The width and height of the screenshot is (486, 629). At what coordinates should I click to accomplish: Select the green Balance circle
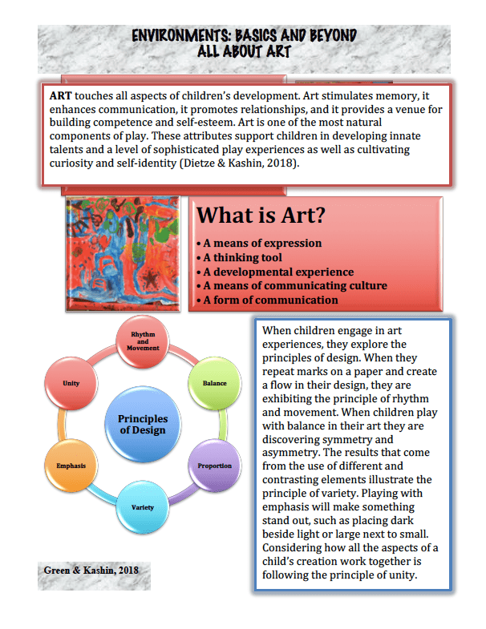214,383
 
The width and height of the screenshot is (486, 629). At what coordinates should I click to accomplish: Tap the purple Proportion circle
214,466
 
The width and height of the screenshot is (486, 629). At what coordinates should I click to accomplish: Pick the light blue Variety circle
143,506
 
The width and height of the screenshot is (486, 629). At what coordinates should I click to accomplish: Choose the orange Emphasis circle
71,466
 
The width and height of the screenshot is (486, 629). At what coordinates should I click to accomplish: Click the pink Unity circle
71,383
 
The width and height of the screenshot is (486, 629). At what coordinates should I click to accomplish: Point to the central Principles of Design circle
143,424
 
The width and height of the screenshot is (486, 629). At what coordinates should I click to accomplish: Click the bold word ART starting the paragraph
60,94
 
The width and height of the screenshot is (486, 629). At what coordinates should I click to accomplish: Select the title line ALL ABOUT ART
244,51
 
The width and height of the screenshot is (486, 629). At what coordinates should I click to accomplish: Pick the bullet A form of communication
267,300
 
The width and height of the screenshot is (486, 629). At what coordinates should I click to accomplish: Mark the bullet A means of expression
259,243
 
